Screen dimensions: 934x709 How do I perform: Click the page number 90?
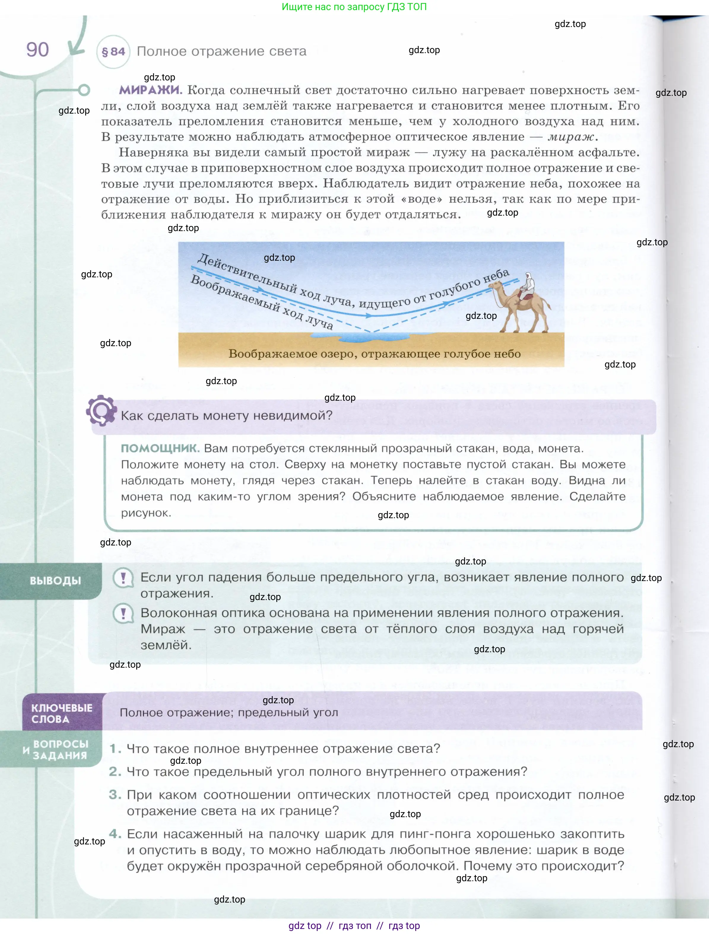tap(38, 50)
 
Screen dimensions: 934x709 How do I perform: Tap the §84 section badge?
tap(113, 52)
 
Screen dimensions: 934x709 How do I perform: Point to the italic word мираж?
tap(571, 137)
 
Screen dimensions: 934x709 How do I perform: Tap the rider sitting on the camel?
tap(526, 285)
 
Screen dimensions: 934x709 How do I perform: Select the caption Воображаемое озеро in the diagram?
tap(374, 354)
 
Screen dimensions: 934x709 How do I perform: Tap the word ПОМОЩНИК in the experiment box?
tap(160, 448)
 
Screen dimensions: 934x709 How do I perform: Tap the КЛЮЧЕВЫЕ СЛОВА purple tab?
tap(62, 713)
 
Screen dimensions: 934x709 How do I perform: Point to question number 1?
tap(115, 749)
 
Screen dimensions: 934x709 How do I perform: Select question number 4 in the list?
tap(115, 834)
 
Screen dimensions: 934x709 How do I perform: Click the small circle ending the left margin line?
tap(84, 90)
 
